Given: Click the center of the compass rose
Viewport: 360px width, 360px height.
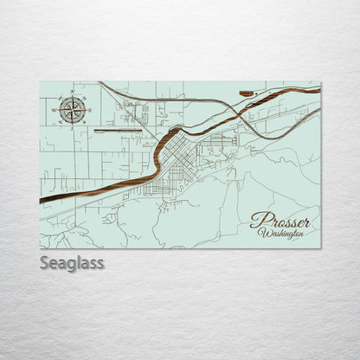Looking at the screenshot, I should pyautogui.click(x=73, y=109).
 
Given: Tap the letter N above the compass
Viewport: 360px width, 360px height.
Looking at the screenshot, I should pyautogui.click(x=73, y=92).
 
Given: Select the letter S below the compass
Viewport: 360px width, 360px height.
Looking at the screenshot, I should pyautogui.click(x=73, y=126).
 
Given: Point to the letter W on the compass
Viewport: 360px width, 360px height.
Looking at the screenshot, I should pyautogui.click(x=55, y=110).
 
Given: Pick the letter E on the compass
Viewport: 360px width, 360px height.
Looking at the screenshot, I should pyautogui.click(x=90, y=109).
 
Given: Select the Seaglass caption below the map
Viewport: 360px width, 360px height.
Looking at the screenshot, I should pyautogui.click(x=71, y=262).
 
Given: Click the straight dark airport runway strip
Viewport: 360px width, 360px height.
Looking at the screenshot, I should pyautogui.click(x=114, y=132).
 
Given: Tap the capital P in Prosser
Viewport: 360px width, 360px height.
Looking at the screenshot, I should pyautogui.click(x=258, y=220).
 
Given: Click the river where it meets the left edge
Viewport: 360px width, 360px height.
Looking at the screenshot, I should pyautogui.click(x=42, y=201).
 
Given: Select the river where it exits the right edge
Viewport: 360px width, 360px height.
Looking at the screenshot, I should pyautogui.click(x=318, y=90).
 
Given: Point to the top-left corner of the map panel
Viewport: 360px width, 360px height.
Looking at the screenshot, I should pyautogui.click(x=40, y=81).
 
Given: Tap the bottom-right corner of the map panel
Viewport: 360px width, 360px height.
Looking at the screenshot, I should pyautogui.click(x=320, y=248).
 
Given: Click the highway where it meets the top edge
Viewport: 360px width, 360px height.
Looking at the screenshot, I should pyautogui.click(x=100, y=82).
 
